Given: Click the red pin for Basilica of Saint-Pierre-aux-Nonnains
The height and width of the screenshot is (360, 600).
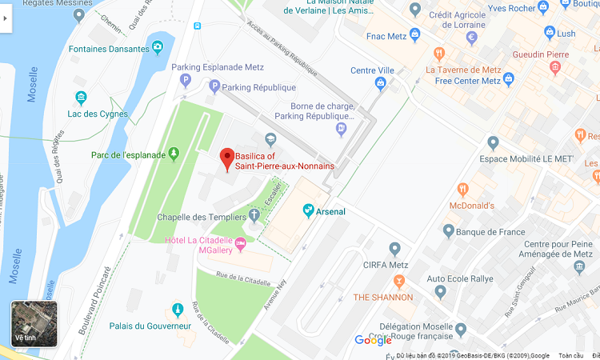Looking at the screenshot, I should coord(226,158).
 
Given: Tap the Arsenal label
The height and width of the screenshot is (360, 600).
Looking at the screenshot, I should coord(331,211).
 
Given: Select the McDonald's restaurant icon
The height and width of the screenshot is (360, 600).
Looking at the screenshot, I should coord(462,190).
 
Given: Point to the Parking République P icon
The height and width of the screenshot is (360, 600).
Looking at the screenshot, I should coord(214,86).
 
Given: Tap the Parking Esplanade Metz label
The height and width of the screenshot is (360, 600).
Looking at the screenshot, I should coord(221,67).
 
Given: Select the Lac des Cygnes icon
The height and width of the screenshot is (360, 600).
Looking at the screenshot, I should coord(80,98).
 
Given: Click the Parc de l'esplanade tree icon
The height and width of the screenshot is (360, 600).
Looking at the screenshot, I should coord(174,154).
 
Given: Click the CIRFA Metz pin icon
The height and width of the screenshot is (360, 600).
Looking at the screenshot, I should coord(394,250).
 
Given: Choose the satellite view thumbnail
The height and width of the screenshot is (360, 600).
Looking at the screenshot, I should coord(34,323).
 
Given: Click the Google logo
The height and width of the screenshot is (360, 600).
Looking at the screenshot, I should coord(373,340).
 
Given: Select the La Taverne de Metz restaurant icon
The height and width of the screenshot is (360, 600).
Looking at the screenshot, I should coord(439,54).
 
